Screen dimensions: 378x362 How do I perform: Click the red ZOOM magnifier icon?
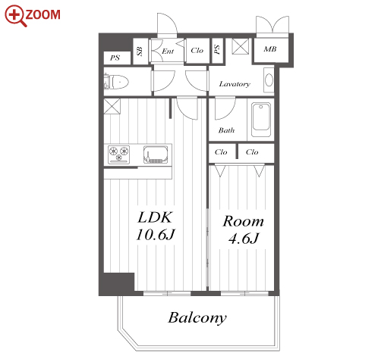pyautogui.click(x=15, y=16)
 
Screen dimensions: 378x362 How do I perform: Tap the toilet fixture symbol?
pyautogui.click(x=116, y=82)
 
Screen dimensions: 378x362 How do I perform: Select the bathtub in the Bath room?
pyautogui.click(x=261, y=120)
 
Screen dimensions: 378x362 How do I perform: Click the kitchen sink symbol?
pyautogui.click(x=156, y=154)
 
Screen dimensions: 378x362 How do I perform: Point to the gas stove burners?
pyautogui.click(x=118, y=154)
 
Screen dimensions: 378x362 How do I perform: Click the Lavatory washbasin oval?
pyautogui.click(x=269, y=80)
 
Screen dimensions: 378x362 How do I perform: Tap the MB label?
pyautogui.click(x=270, y=49)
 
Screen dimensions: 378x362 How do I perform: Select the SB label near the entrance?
pyautogui.click(x=140, y=51)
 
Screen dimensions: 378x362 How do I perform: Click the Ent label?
pyautogui.click(x=168, y=51)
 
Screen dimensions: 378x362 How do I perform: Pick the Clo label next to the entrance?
pyautogui.click(x=197, y=51)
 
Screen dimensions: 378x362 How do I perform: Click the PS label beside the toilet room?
pyautogui.click(x=115, y=58)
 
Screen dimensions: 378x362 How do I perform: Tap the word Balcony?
pyautogui.click(x=197, y=318)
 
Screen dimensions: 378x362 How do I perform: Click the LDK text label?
pyautogui.click(x=155, y=217)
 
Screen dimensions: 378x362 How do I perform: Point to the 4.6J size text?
pyautogui.click(x=244, y=238)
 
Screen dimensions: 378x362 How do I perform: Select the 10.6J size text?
pyautogui.click(x=156, y=235)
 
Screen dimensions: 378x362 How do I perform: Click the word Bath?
pyautogui.click(x=226, y=130)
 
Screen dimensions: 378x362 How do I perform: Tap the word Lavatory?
pyautogui.click(x=235, y=84)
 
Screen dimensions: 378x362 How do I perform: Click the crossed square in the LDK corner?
pyautogui.click(x=112, y=106)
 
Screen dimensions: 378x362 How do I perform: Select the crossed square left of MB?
pyautogui.click(x=241, y=46)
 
